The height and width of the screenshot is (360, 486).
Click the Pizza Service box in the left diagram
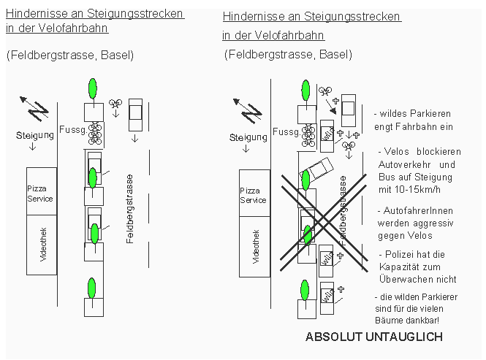[41, 193]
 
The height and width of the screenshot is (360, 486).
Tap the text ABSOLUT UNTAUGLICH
[373, 337]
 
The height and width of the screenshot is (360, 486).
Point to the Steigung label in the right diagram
[247, 137]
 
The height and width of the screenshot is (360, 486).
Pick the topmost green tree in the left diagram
[91, 88]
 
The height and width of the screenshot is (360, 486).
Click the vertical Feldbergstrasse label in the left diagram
[129, 208]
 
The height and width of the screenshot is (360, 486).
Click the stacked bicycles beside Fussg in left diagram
[95, 134]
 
